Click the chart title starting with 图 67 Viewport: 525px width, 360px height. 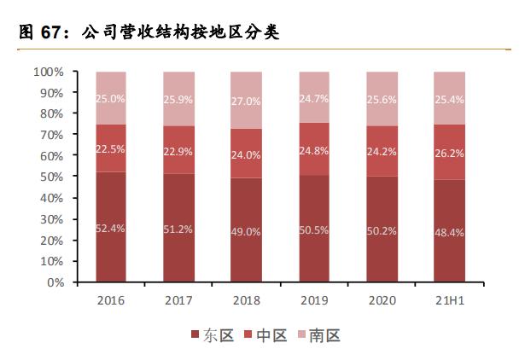[149, 32]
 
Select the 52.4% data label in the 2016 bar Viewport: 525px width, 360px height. [111, 229]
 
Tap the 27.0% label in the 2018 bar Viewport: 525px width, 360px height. [247, 100]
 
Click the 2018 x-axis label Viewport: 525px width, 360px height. [247, 299]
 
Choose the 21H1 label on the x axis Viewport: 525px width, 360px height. [450, 299]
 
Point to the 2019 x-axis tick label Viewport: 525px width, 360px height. [315, 299]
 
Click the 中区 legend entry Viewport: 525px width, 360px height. [265, 335]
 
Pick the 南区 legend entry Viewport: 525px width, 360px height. [318, 335]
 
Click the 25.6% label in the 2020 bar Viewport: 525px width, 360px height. [382, 99]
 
